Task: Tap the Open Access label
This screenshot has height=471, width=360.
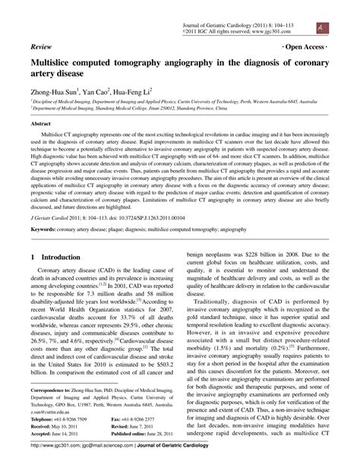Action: pos(305,46)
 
